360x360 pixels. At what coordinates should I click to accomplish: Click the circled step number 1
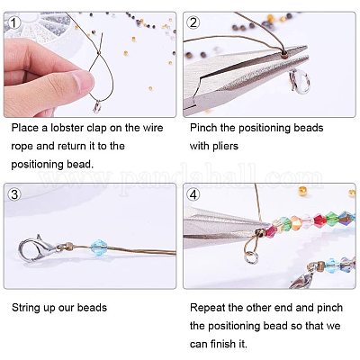pyautogui.click(x=13, y=22)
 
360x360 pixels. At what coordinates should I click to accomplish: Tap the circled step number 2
pyautogui.click(x=193, y=22)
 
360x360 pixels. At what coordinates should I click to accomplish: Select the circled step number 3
pyautogui.click(x=13, y=194)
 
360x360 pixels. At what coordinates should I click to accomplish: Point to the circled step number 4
pyautogui.click(x=193, y=194)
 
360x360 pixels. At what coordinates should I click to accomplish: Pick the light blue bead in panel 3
pyautogui.click(x=98, y=247)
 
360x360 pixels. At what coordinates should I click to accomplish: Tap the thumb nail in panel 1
pyautogui.click(x=85, y=79)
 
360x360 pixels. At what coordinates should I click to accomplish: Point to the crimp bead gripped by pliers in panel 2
pyautogui.click(x=283, y=54)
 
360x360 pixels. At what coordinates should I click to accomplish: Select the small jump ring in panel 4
pyautogui.click(x=250, y=258)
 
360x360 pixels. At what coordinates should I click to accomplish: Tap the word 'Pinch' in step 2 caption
pyautogui.click(x=203, y=128)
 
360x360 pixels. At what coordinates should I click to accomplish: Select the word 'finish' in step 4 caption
pyautogui.click(x=224, y=344)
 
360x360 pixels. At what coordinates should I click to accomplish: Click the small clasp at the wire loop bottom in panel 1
pyautogui.click(x=97, y=107)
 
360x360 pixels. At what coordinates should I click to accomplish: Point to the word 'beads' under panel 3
pyautogui.click(x=92, y=308)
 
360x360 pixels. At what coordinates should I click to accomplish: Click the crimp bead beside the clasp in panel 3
pyautogui.click(x=68, y=246)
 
